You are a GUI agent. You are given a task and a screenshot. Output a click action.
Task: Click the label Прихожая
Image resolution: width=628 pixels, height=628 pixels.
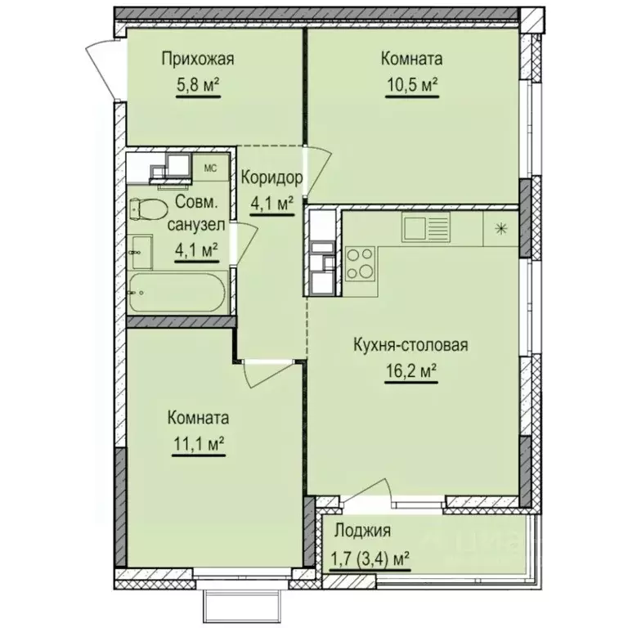(x=198, y=58)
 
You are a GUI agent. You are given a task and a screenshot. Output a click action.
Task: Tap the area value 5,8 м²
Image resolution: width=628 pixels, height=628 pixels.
(x=198, y=84)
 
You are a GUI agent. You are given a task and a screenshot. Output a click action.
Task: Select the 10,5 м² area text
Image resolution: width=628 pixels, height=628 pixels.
(x=411, y=84)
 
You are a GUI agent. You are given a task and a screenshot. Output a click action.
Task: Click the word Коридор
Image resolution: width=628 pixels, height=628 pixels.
(x=273, y=177)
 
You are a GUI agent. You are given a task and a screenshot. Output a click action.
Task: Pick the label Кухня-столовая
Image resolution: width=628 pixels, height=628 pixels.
(x=410, y=345)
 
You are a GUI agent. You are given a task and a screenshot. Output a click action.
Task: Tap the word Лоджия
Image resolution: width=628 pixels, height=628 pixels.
(x=360, y=530)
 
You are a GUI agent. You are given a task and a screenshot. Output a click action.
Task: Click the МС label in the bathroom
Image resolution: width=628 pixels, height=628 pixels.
(x=209, y=168)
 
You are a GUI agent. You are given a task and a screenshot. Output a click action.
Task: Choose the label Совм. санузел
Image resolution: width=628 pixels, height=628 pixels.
(x=197, y=213)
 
